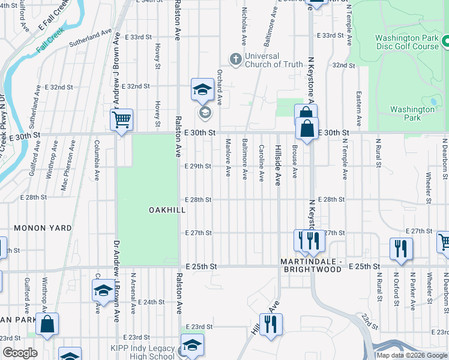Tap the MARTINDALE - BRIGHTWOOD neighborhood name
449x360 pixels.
[312, 266]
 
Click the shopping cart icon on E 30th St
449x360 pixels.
[122, 120]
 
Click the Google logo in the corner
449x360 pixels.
[20, 353]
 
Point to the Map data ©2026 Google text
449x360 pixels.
[412, 355]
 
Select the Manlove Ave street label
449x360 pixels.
[228, 158]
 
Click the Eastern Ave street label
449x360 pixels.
[358, 109]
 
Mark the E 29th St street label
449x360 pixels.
[198, 166]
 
